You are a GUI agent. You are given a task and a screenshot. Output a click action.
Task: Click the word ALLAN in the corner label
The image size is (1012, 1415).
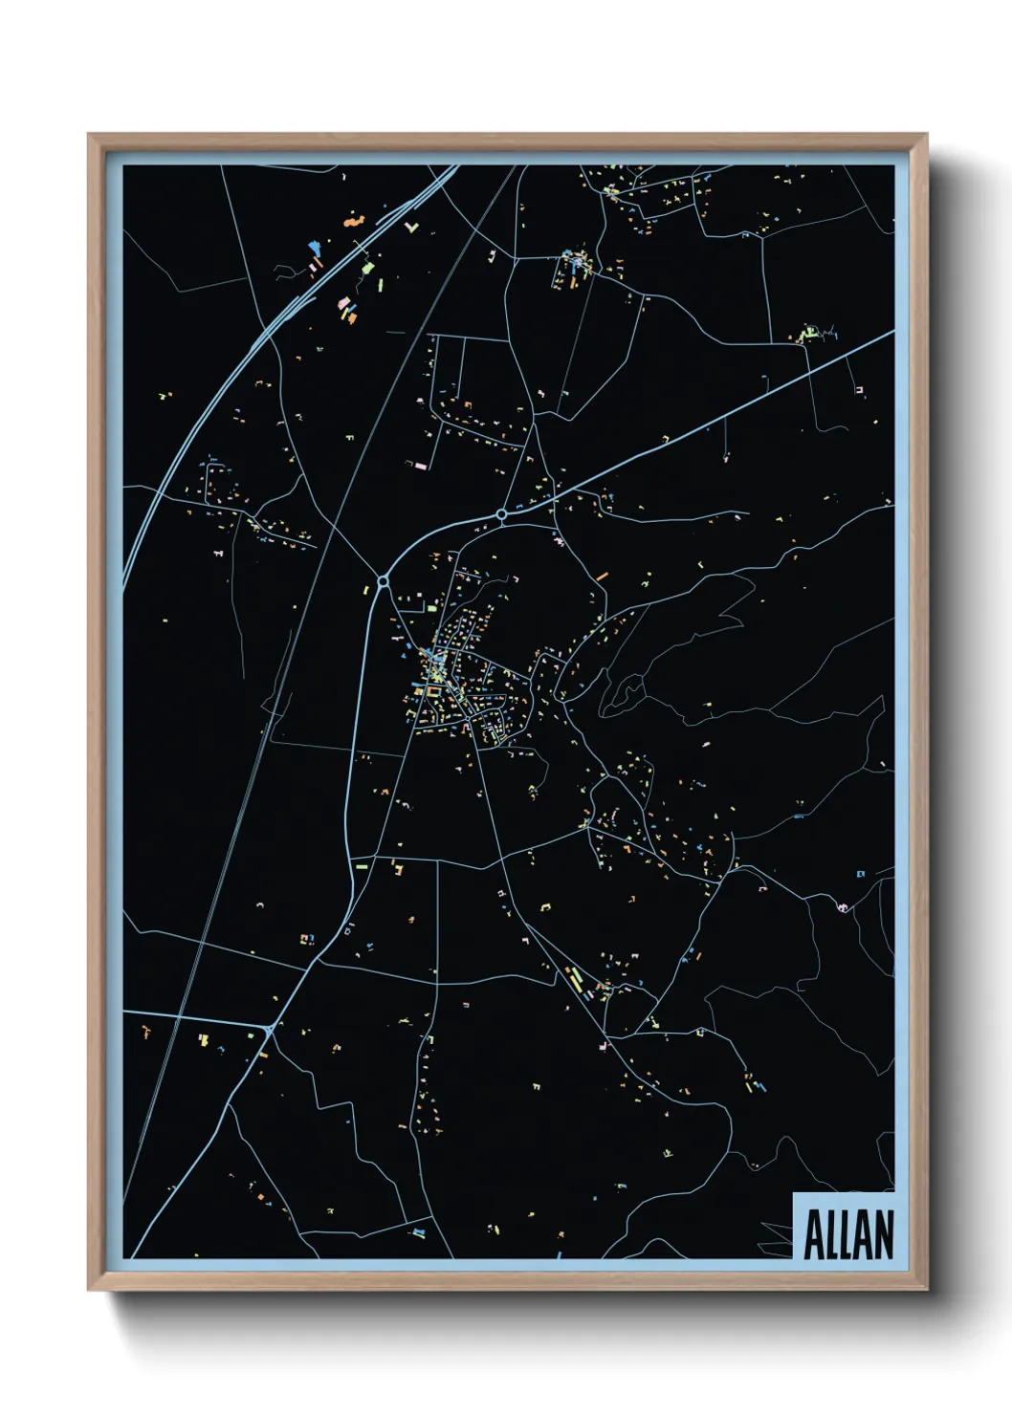847,1234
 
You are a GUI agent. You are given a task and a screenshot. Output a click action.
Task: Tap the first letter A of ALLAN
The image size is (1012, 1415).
814,1234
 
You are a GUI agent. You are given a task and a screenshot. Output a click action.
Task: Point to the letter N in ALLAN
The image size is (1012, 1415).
883,1234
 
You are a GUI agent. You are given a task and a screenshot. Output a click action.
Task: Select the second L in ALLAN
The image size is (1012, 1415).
847,1234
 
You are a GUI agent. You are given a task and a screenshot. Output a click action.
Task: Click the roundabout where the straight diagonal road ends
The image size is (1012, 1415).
501,514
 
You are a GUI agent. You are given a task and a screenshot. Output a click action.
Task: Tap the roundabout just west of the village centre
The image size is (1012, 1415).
383,580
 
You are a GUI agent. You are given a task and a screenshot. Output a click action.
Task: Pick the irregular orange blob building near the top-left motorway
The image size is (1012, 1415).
354,221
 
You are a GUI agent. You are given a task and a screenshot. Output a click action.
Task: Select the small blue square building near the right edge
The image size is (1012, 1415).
860,873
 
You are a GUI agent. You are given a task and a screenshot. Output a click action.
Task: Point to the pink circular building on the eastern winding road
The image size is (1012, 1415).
843,905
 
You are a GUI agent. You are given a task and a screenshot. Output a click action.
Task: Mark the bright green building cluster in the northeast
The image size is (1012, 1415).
806,335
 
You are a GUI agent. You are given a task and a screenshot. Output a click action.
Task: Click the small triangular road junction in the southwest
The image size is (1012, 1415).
271,1029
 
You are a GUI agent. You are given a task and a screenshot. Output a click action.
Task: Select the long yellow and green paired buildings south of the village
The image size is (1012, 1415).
576,979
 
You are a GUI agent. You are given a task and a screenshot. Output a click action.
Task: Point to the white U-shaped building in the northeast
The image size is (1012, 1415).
859,390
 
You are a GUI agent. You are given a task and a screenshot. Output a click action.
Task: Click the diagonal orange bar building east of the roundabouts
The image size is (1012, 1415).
602,576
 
